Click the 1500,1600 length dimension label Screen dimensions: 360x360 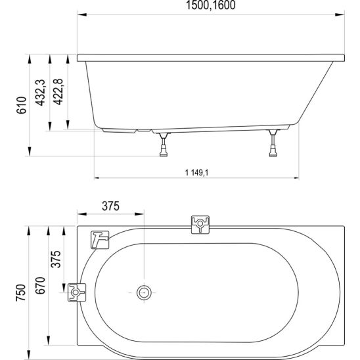point(210,5)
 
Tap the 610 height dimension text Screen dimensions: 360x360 point(22,105)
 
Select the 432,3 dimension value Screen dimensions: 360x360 point(41,93)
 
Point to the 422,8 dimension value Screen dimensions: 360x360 point(58,92)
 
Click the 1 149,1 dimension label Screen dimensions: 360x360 point(197,172)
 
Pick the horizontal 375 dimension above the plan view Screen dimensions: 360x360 point(110,206)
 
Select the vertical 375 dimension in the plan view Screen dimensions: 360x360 point(56,259)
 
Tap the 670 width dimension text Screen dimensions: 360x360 point(40,286)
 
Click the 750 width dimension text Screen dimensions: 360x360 point(20,293)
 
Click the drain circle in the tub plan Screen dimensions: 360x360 point(144,292)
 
